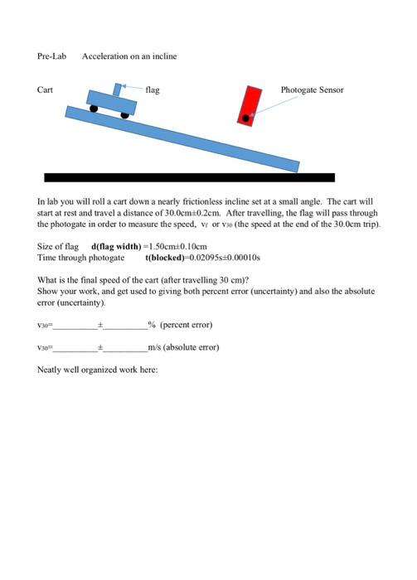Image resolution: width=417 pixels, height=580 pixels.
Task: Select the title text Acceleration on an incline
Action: (x=129, y=56)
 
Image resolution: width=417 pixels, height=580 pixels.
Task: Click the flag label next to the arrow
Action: (x=153, y=89)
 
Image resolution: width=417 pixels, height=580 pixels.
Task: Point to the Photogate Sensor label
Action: (x=311, y=89)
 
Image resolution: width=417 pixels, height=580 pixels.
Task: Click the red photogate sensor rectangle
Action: (x=249, y=106)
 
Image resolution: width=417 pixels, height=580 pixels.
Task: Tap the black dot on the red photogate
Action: (x=246, y=117)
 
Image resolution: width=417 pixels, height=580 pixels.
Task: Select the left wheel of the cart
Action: (x=95, y=108)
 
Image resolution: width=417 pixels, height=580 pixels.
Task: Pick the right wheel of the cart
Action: (x=125, y=114)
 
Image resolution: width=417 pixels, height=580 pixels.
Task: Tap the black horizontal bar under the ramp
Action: (x=189, y=177)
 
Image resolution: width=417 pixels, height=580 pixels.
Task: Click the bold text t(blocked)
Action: (x=168, y=258)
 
